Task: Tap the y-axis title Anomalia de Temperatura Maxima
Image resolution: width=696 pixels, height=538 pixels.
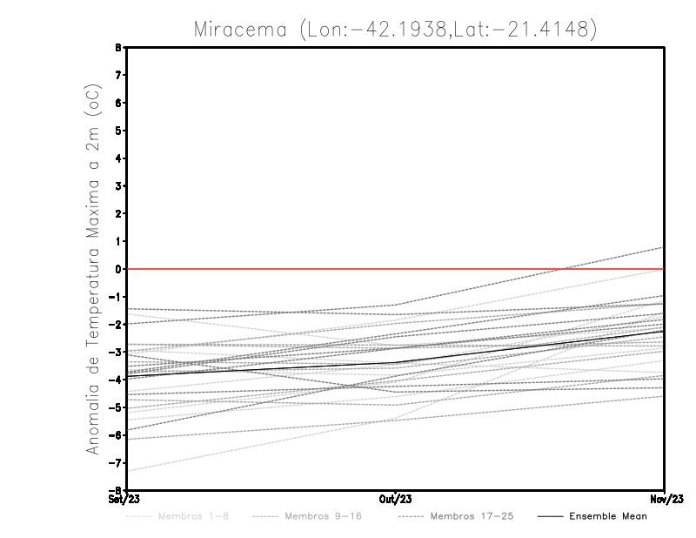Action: [x=92, y=270]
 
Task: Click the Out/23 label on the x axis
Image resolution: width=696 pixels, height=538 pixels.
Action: [x=395, y=500]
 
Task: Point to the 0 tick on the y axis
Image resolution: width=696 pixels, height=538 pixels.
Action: [x=120, y=269]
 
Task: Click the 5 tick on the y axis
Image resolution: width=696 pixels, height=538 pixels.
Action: [x=120, y=131]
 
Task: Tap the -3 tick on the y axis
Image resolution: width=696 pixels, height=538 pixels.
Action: [x=118, y=352]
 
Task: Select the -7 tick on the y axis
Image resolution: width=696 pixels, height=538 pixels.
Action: [x=118, y=463]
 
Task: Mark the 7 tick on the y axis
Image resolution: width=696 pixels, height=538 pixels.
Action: [x=120, y=75]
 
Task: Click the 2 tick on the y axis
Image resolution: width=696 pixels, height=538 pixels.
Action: [x=120, y=213]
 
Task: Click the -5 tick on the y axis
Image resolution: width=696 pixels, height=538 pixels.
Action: [x=118, y=407]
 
